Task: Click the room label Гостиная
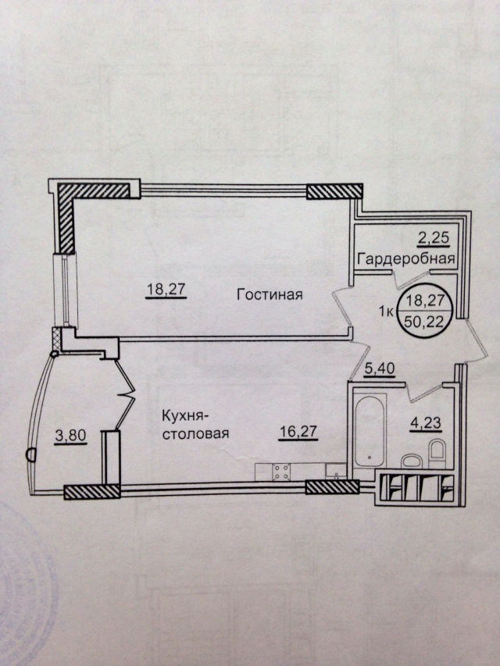[x=270, y=294]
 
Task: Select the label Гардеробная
[x=406, y=258]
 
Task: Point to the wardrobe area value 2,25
[x=434, y=237]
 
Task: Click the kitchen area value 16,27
[x=298, y=432]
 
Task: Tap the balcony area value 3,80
[x=71, y=436]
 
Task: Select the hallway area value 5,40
[x=380, y=369]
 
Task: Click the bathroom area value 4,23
[x=426, y=423]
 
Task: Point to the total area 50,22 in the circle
[x=424, y=322]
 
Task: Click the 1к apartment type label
[x=386, y=312]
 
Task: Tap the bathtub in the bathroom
[x=370, y=431]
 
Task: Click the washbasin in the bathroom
[x=411, y=461]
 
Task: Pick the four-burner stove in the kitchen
[x=281, y=472]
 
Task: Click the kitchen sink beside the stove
[x=336, y=472]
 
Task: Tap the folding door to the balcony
[x=124, y=394]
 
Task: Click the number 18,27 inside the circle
[x=425, y=301]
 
